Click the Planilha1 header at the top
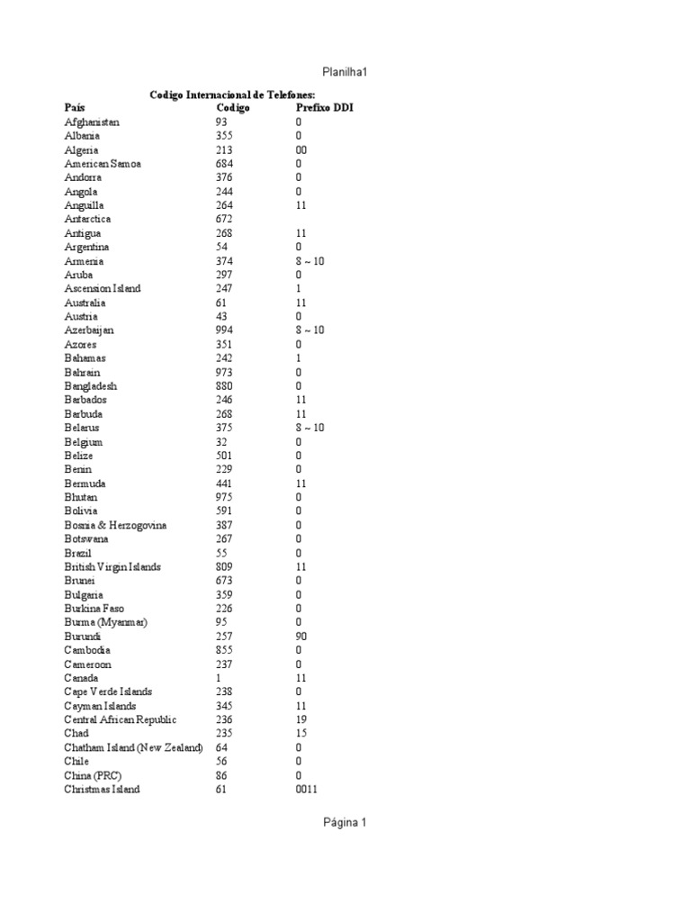pyautogui.click(x=345, y=71)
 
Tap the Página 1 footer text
pyautogui.click(x=345, y=822)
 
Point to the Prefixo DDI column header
pyautogui.click(x=324, y=108)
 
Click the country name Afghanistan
pyautogui.click(x=92, y=122)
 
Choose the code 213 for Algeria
pyautogui.click(x=224, y=150)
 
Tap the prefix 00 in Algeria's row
pyautogui.click(x=301, y=150)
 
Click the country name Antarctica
pyautogui.click(x=88, y=220)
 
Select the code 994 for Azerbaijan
pyautogui.click(x=224, y=330)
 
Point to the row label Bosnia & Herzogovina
pyautogui.click(x=115, y=525)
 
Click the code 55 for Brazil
pyautogui.click(x=221, y=553)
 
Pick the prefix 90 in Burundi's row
pyautogui.click(x=301, y=636)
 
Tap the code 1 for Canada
pyautogui.click(x=219, y=678)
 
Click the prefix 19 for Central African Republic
pyautogui.click(x=301, y=719)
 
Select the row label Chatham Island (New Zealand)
pyautogui.click(x=133, y=747)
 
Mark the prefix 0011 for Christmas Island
pyautogui.click(x=306, y=790)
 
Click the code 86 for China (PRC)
pyautogui.click(x=221, y=775)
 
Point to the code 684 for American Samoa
pyautogui.click(x=224, y=164)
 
